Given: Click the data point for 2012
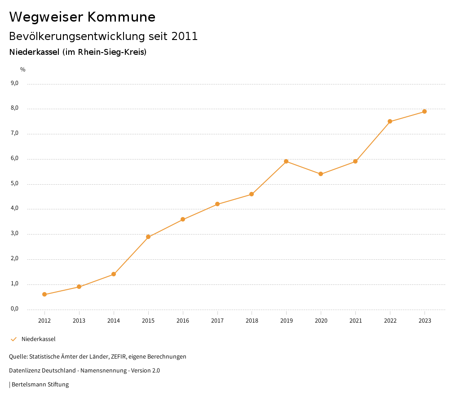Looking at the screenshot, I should tap(44, 294).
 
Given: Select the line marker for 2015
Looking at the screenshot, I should tap(148, 237).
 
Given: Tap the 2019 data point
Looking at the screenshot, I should tap(286, 161).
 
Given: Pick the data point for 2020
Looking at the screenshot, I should tap(321, 174).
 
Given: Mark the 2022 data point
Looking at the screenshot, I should tap(390, 121).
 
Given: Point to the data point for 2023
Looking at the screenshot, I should tap(425, 111).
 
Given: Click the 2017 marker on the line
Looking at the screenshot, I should tap(217, 204).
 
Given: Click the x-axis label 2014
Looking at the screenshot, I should tap(114, 320).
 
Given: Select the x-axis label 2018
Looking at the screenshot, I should tap(252, 320).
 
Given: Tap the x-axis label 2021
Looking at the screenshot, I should tap(355, 320).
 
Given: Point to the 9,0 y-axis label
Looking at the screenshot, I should tap(14, 83).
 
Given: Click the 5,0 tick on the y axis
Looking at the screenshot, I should tap(14, 183).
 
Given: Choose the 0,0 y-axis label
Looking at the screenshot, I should tap(14, 309).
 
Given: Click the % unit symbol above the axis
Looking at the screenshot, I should tap(23, 69).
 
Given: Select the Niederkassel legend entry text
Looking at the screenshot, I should tap(39, 339).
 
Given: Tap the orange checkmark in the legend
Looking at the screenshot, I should tap(13, 339).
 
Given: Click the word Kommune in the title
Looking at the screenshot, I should tap(121, 17).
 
